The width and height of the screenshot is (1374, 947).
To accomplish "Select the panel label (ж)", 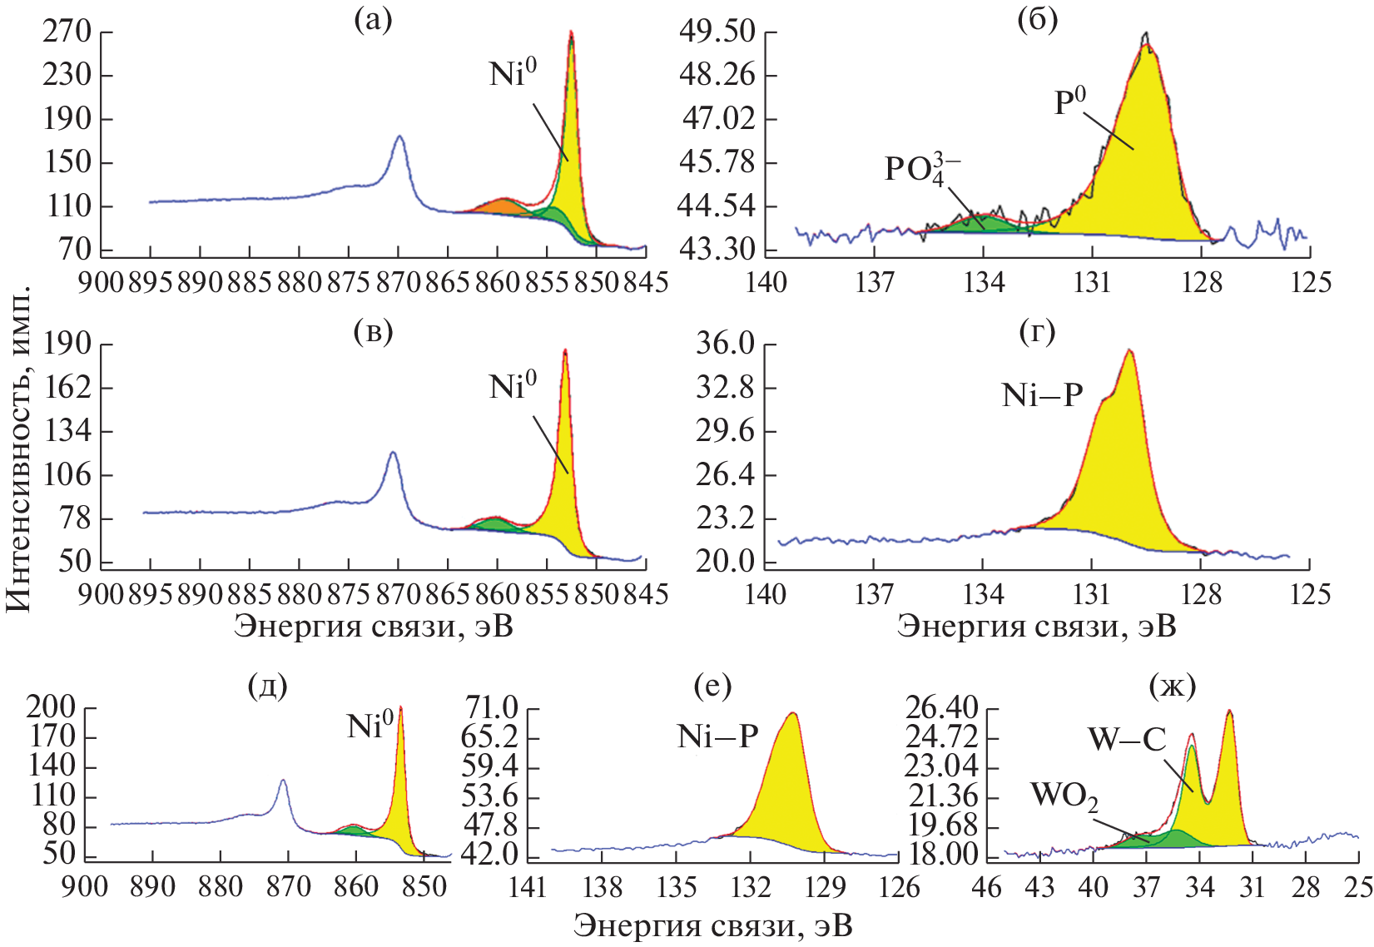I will (x=1171, y=686).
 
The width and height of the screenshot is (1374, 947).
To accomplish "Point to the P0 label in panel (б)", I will (x=1069, y=103).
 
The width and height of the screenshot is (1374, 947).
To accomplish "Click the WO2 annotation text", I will (x=1064, y=796).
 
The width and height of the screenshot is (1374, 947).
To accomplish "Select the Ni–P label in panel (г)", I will (x=1043, y=395).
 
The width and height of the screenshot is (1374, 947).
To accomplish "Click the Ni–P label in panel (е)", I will (x=717, y=736).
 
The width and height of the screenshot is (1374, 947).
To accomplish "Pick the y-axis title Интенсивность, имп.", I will (x=18, y=450).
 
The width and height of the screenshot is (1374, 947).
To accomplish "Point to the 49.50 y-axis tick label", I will (x=717, y=32).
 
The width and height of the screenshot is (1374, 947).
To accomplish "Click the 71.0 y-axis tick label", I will (x=492, y=708).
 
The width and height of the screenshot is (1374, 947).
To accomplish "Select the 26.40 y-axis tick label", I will (x=941, y=708).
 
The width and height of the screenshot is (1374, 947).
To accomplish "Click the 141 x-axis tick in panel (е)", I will (x=528, y=887).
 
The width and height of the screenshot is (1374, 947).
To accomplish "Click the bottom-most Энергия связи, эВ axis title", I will (x=712, y=925).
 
